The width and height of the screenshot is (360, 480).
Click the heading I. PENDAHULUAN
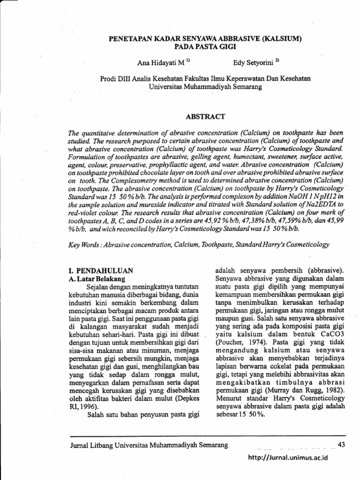coord(98,270)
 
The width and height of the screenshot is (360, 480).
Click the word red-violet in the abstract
coord(84,213)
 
